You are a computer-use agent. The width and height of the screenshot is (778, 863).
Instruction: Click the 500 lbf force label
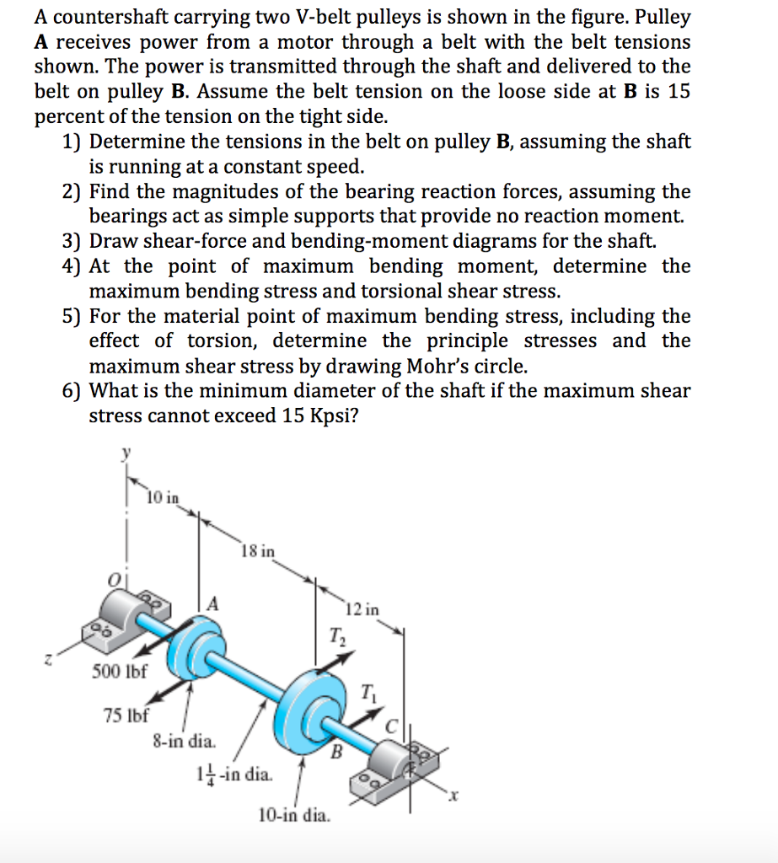tap(119, 672)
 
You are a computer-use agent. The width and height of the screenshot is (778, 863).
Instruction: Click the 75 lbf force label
tap(126, 716)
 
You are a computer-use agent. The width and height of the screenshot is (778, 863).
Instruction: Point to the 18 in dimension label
tap(257, 552)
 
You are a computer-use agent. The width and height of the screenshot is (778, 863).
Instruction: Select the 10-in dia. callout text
tap(294, 815)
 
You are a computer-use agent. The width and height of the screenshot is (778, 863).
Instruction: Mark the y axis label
tap(127, 452)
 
